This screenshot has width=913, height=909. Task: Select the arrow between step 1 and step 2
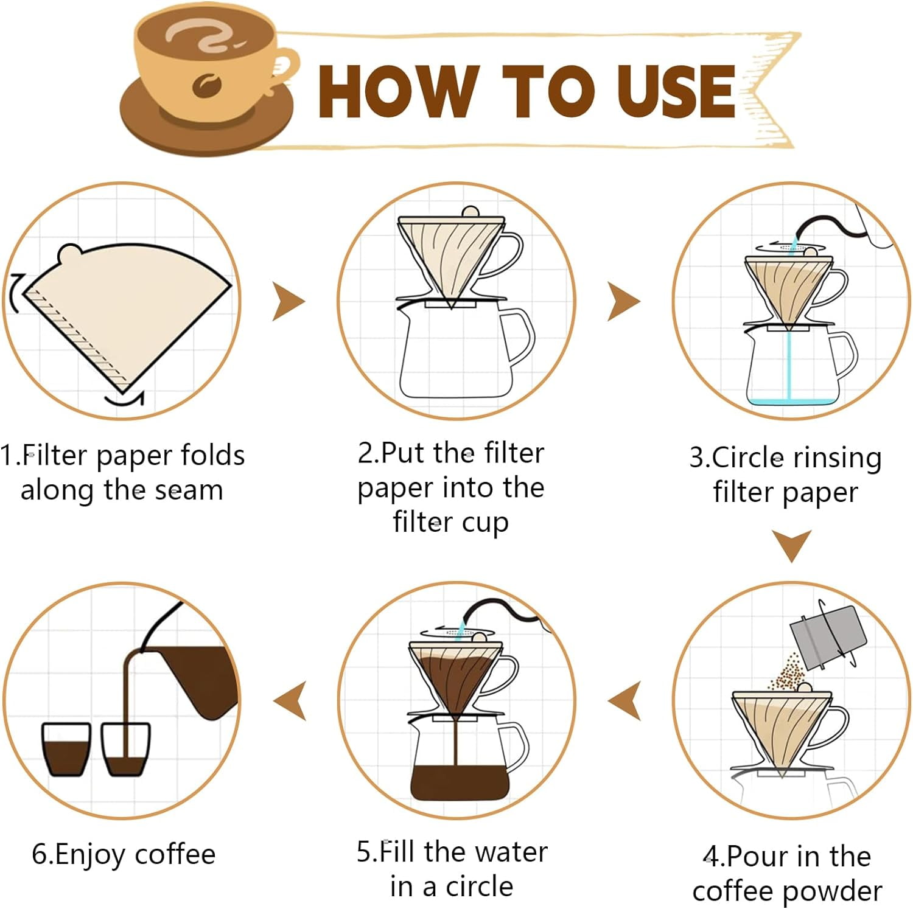coord(288,301)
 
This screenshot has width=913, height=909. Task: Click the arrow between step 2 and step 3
coord(623,301)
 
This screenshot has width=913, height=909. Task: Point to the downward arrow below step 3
coord(791,545)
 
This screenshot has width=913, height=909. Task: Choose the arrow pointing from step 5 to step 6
coord(290,700)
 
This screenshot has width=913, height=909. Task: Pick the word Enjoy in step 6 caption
coord(91,854)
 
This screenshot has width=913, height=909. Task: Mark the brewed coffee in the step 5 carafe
coord(460,782)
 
